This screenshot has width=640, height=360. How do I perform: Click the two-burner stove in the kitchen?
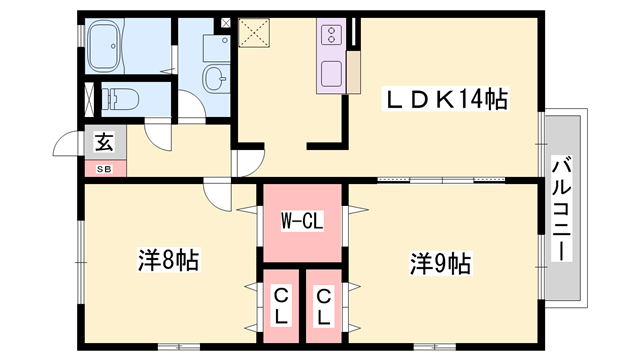[x=331, y=37]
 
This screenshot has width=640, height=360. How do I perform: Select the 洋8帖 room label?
[x=168, y=262]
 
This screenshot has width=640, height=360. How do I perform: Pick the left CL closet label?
[x=281, y=305]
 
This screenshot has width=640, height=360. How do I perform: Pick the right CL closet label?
[x=324, y=305]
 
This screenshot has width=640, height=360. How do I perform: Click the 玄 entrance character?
[x=103, y=141]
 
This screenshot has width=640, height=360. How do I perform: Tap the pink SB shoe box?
[x=105, y=168]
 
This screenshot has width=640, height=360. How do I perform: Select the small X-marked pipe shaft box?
[x=225, y=21]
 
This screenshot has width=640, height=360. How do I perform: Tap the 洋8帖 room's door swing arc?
[x=216, y=192]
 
